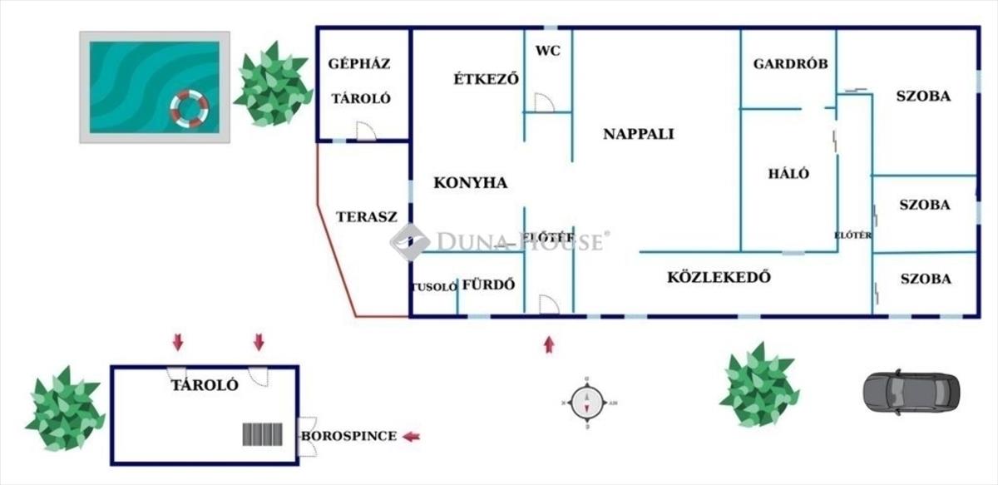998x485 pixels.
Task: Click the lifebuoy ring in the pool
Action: click(190, 109)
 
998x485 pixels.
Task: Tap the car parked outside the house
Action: click(911, 392)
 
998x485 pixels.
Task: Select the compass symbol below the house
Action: click(587, 403)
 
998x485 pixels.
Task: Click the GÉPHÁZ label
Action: click(359, 63)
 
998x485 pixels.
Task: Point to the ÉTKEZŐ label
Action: click(487, 79)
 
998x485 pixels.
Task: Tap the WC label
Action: click(548, 51)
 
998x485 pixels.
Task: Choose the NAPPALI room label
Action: click(639, 134)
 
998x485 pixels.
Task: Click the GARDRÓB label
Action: click(790, 63)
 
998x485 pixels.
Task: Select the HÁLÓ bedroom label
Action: click(788, 174)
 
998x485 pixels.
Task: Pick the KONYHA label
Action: click(471, 183)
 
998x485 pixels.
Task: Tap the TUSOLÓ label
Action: click(434, 287)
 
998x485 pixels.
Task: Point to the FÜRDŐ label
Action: click(489, 285)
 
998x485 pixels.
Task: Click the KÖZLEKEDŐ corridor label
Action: click(719, 277)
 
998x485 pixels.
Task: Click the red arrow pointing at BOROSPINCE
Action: click(412, 436)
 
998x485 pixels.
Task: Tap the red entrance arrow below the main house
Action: click(549, 344)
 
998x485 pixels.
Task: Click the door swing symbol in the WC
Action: click(543, 102)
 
